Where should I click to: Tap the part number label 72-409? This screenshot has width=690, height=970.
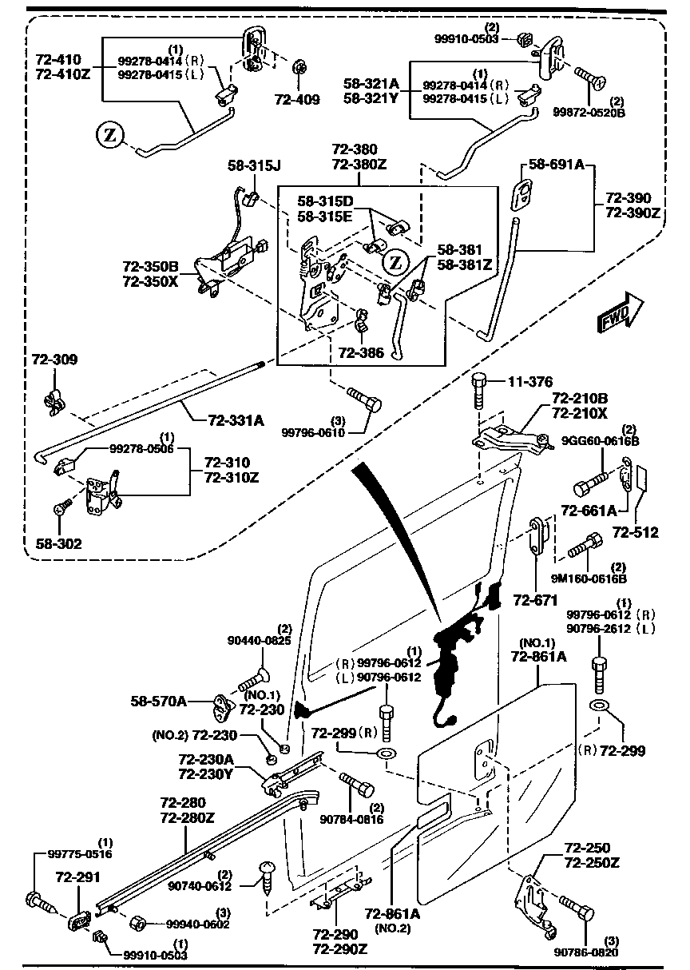[297, 100]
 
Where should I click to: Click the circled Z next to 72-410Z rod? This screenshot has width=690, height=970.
[110, 136]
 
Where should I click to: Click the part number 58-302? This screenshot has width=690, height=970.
[58, 543]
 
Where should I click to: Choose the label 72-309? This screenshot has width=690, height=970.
[55, 360]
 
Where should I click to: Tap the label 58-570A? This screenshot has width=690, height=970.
[158, 702]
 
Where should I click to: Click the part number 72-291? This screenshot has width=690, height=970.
[77, 877]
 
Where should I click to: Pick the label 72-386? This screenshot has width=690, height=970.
[361, 352]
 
